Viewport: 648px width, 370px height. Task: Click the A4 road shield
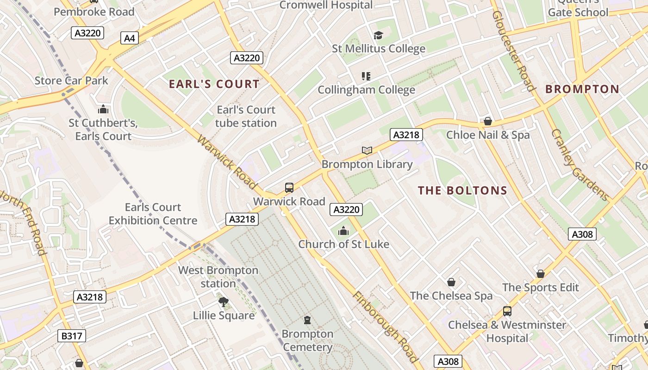[x=130, y=38]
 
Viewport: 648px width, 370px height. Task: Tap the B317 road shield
[x=72, y=336]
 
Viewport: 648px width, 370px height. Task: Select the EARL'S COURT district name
[x=214, y=84]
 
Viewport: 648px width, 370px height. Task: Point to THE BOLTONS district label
[x=462, y=191]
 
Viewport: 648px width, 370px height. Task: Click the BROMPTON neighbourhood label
[x=582, y=89]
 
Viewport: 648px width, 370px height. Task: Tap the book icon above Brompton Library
[x=367, y=150]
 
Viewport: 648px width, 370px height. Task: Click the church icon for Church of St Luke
[x=343, y=230]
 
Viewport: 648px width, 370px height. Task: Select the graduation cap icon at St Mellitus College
[x=379, y=35]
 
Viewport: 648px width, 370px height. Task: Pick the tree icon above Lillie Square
[x=224, y=302]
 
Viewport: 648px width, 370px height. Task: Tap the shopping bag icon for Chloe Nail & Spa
[x=487, y=121]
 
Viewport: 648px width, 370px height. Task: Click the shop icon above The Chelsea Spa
[x=451, y=282]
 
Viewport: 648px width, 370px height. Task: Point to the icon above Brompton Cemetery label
[x=307, y=320]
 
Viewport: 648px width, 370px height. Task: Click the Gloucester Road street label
[x=513, y=51]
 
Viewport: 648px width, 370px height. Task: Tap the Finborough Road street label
[x=385, y=327]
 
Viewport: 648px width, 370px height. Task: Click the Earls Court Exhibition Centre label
[x=153, y=214]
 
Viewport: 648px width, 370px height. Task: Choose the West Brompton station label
[x=218, y=277]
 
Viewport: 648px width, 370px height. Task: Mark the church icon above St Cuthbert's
[x=103, y=109]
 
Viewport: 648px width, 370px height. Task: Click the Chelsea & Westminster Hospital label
[x=507, y=332]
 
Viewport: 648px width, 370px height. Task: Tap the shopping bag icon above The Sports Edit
[x=540, y=274]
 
